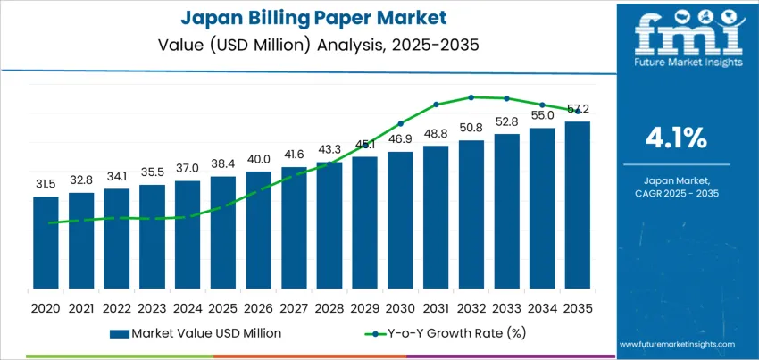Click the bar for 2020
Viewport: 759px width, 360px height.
46,242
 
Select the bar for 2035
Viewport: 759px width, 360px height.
578,205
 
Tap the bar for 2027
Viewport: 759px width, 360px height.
294,227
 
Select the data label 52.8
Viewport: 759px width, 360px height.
507,122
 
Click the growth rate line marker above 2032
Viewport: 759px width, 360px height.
471,96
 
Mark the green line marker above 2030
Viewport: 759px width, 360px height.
400,123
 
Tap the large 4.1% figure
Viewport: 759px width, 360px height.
675,138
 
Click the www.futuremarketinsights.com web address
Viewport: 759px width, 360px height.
675,343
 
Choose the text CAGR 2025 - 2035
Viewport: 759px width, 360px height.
675,193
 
